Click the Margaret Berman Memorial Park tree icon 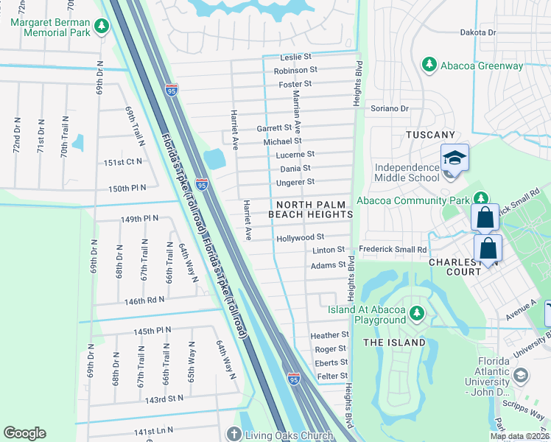pos(102,28)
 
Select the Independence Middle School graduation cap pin pos(455,158)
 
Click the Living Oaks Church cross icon pos(234,435)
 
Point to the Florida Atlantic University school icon pos(521,376)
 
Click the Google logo pos(24,433)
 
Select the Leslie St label pos(297,57)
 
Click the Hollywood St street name pos(300,237)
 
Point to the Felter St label pos(331,376)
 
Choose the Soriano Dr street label pos(389,108)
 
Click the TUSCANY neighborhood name pos(431,135)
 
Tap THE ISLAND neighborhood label pos(394,343)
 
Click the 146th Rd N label pos(144,301)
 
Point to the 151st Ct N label pos(122,162)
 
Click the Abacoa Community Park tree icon pos(480,198)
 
